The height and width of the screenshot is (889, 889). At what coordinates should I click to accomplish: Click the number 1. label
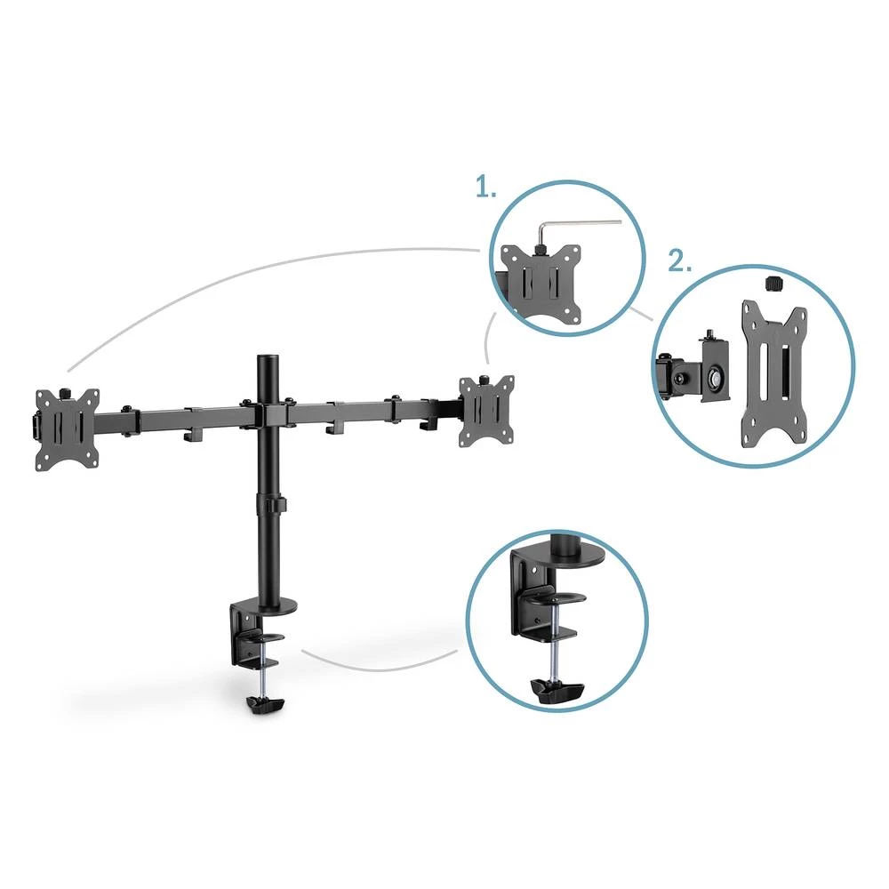(485, 188)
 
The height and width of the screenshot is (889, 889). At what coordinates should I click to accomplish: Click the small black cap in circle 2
(773, 284)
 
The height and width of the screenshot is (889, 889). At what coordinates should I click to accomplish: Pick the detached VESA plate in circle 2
(773, 373)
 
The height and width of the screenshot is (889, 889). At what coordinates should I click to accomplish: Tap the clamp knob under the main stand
(265, 704)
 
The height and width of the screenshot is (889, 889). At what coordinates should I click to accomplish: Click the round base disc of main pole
(273, 609)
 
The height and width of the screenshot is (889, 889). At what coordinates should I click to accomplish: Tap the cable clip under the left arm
(189, 435)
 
